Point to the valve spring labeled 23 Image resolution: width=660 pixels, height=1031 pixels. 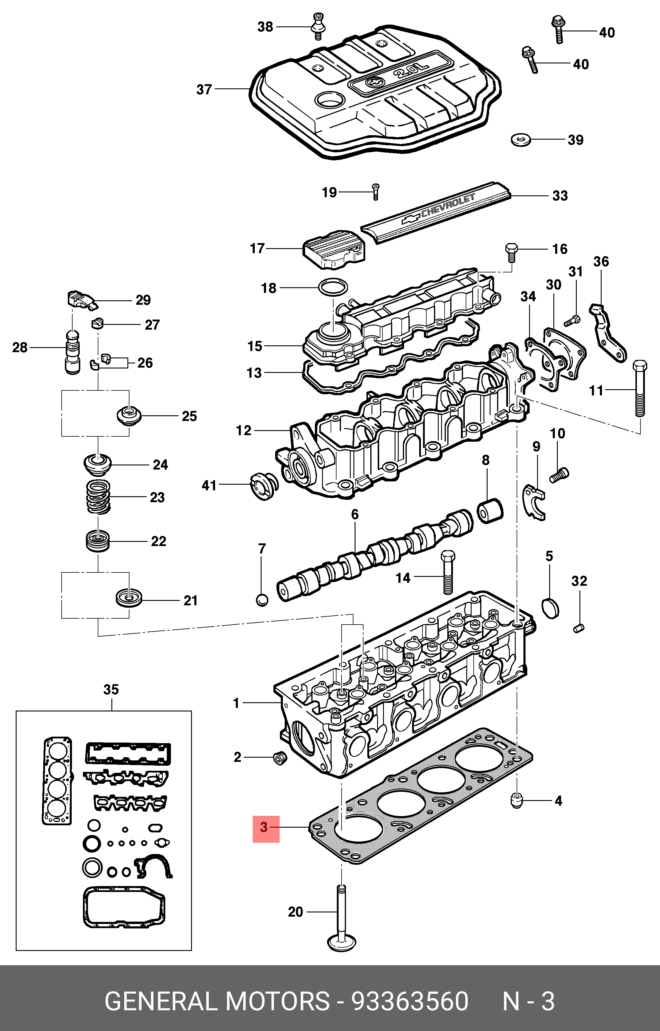click(98, 497)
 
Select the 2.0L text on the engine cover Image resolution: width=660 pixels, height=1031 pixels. click(411, 71)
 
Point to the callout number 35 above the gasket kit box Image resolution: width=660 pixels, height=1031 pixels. click(111, 690)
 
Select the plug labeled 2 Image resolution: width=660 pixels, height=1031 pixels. click(280, 758)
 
